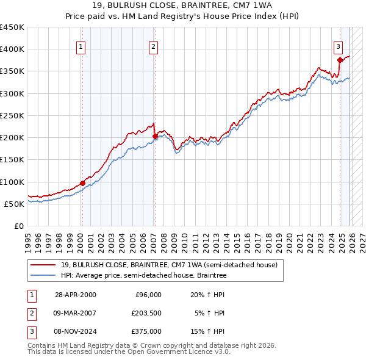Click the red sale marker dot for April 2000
(82, 183)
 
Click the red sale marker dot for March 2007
(155, 136)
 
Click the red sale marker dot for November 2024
(340, 60)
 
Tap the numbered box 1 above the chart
(81, 46)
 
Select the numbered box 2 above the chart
(154, 46)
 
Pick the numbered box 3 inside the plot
(339, 46)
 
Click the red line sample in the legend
(44, 265)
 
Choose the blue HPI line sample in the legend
(44, 276)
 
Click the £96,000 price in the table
(148, 294)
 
